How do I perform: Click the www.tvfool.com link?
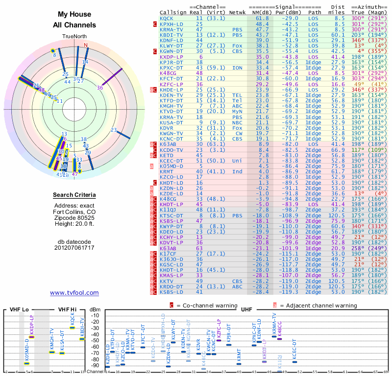pyautogui.click(x=74, y=293)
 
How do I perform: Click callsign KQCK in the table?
pyautogui.click(x=167, y=18)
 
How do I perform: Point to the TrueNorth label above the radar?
pyautogui.click(x=74, y=37)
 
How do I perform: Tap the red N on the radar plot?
pyautogui.click(x=86, y=46)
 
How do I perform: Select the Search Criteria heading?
pyautogui.click(x=74, y=195)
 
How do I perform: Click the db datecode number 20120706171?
pyautogui.click(x=74, y=248)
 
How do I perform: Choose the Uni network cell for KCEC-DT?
pyautogui.click(x=237, y=160)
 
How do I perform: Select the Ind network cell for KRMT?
pyautogui.click(x=237, y=171)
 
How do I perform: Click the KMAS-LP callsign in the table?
pyautogui.click(x=171, y=275)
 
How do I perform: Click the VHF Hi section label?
pyautogui.click(x=68, y=309)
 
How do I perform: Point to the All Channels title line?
pyautogui.click(x=74, y=25)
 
